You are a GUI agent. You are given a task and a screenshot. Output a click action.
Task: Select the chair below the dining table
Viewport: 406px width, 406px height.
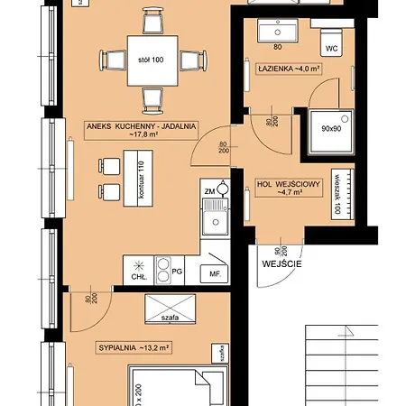tap(149, 101)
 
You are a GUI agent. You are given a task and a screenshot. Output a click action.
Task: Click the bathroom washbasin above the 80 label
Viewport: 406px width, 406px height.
tap(278, 32)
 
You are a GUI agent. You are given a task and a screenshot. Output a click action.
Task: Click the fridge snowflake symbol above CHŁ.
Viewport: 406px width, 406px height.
tap(137, 266)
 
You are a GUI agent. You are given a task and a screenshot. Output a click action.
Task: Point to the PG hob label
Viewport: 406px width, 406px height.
tap(177, 268)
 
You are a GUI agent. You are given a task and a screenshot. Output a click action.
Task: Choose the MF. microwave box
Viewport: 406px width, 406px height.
tap(215, 272)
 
